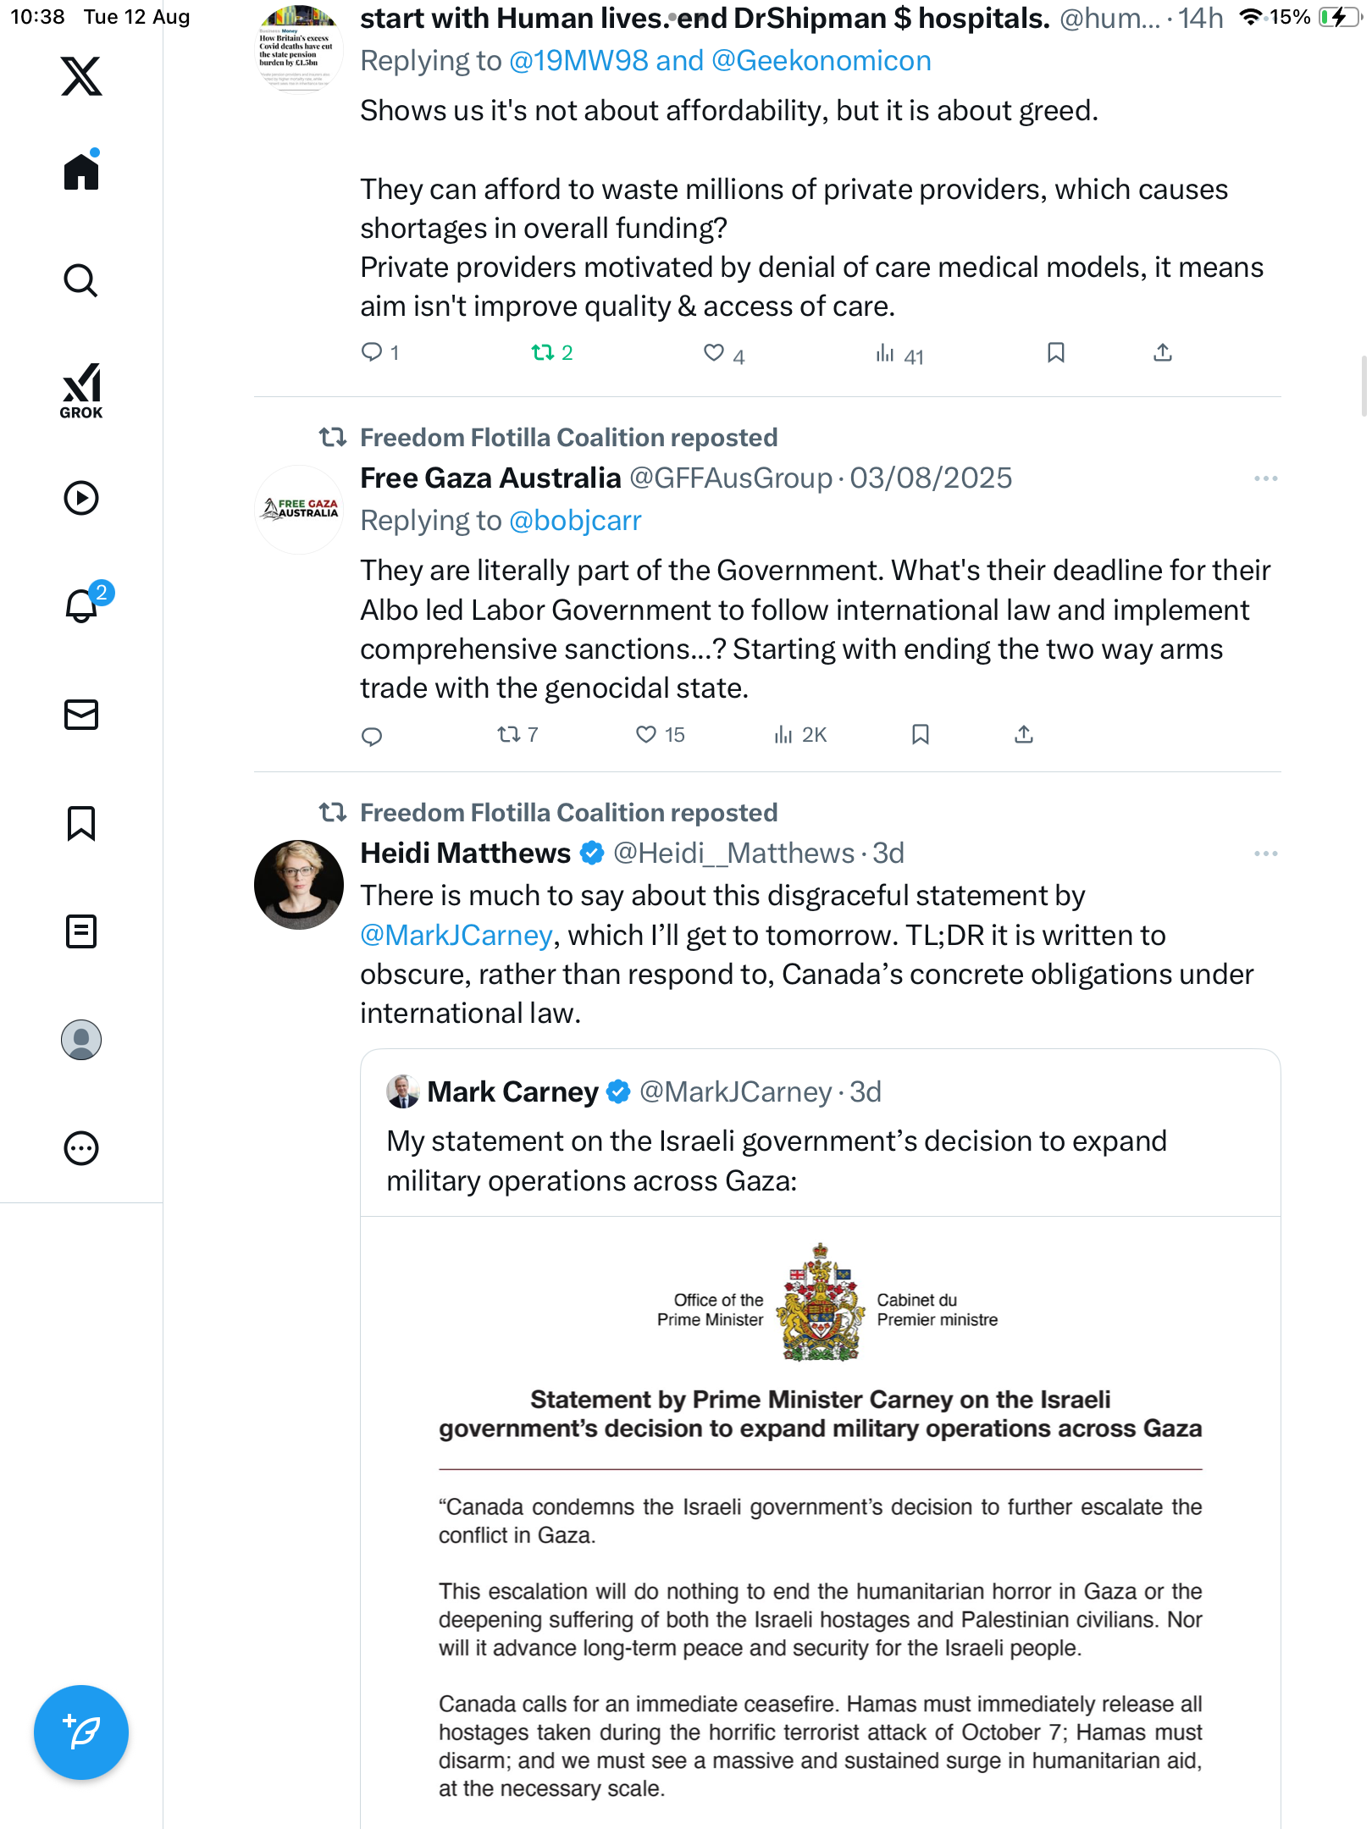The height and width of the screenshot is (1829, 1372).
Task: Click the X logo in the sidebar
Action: (x=81, y=76)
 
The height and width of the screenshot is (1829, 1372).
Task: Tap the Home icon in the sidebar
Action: (x=81, y=171)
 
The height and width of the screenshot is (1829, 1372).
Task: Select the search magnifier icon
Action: (x=81, y=280)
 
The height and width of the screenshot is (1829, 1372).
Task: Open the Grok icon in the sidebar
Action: (x=81, y=390)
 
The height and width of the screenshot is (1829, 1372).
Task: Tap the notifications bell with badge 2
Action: (x=82, y=605)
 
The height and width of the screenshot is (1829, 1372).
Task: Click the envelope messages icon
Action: (x=81, y=715)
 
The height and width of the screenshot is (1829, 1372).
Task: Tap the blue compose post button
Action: (x=81, y=1732)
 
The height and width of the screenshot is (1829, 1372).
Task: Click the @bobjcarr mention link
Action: (x=575, y=521)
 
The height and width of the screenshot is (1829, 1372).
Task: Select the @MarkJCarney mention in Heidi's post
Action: (x=456, y=936)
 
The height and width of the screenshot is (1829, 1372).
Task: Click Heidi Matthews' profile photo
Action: (x=299, y=884)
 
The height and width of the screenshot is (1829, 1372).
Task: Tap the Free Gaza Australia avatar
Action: (x=299, y=510)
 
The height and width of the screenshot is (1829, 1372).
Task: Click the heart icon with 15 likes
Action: (x=646, y=734)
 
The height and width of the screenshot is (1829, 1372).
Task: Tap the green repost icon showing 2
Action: (x=542, y=352)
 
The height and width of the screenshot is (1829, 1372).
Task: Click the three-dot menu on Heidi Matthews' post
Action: (x=1265, y=854)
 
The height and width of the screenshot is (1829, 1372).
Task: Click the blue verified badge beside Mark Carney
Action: (x=619, y=1092)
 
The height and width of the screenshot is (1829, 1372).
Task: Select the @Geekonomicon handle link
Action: (x=821, y=61)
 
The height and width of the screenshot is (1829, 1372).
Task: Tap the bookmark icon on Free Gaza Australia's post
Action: (x=921, y=734)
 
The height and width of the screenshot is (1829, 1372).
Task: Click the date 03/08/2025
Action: (x=931, y=478)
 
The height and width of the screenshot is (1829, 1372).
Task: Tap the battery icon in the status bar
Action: (x=1338, y=17)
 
